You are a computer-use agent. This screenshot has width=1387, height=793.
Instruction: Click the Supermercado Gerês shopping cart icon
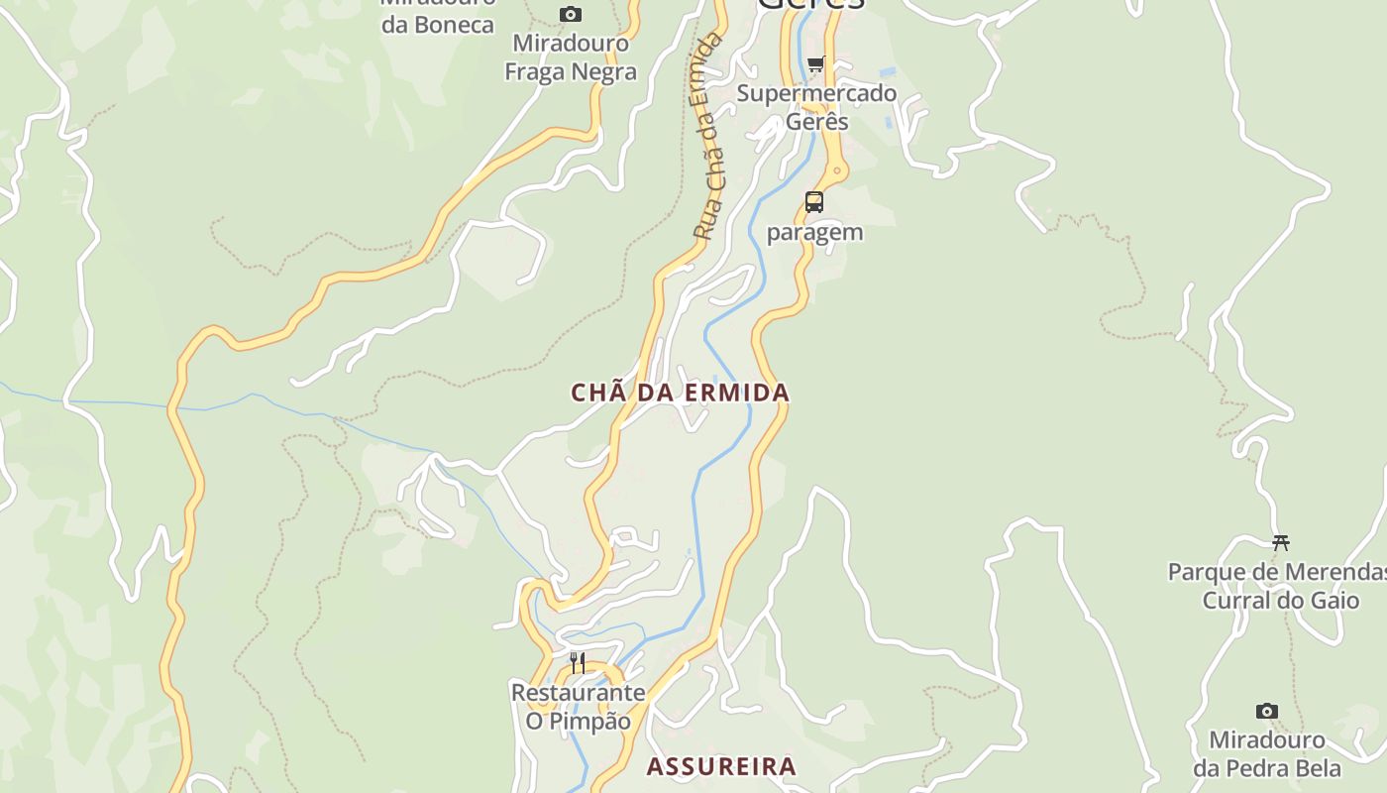[815, 64]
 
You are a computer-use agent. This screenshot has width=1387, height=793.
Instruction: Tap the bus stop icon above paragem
[813, 202]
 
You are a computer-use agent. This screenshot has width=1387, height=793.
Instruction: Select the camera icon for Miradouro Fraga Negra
[571, 14]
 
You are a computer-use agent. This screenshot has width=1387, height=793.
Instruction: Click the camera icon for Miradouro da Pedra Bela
[1266, 711]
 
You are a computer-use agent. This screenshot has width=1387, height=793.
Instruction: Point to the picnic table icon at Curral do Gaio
[1280, 542]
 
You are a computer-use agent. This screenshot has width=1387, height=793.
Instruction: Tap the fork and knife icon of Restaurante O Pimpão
[578, 662]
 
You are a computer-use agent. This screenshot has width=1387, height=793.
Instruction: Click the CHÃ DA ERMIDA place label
[680, 393]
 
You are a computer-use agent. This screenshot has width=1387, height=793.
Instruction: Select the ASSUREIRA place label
[721, 766]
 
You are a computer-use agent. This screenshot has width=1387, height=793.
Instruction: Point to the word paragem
[814, 232]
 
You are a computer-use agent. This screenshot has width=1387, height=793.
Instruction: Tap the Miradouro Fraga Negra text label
[571, 57]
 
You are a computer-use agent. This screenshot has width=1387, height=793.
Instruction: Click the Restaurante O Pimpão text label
[578, 706]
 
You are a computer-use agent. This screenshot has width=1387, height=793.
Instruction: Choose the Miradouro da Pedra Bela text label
[1266, 753]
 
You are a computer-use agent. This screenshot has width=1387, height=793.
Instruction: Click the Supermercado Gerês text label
[816, 107]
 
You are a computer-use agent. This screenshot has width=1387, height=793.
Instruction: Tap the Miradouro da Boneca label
[437, 14]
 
